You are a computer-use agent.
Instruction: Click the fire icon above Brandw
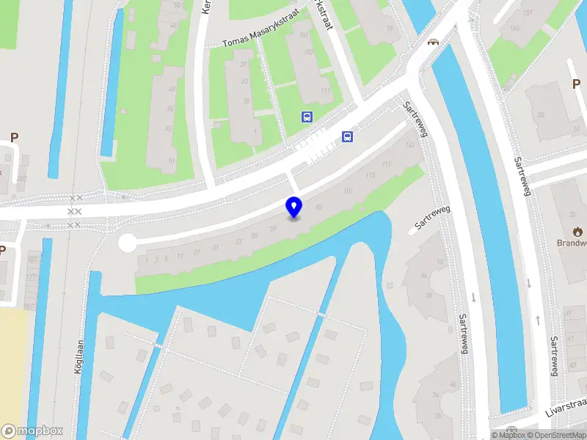(578, 231)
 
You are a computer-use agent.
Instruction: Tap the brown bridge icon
(433, 42)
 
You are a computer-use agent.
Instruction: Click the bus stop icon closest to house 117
(347, 136)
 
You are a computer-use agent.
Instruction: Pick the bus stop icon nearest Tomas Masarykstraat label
(307, 117)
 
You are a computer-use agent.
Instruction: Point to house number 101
(349, 192)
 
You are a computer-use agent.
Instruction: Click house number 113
(371, 175)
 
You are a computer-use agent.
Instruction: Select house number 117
(387, 164)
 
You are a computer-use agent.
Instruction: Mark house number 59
(273, 229)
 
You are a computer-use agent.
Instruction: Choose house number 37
(238, 241)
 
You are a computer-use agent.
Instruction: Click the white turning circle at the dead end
(128, 243)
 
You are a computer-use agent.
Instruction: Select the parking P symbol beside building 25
(576, 84)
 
